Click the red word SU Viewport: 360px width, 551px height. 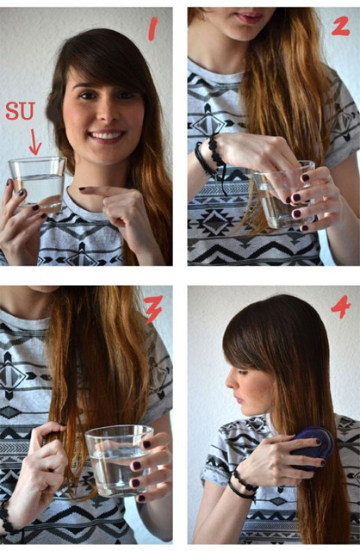(21, 111)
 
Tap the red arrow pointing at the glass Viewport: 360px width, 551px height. (34, 142)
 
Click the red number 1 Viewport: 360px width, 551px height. (152, 29)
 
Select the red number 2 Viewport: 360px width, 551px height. (340, 27)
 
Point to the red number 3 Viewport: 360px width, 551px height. (153, 309)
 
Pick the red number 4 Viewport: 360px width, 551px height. (340, 306)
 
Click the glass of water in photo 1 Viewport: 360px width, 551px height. (38, 184)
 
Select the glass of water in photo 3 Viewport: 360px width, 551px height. (119, 461)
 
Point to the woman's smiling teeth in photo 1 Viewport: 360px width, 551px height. (107, 135)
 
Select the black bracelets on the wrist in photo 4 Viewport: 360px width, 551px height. (242, 485)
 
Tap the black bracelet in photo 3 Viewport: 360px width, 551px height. (7, 518)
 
